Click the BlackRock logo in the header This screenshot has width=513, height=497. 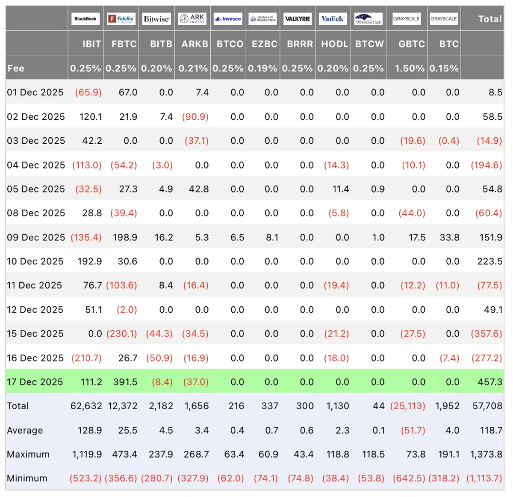pyautogui.click(x=85, y=19)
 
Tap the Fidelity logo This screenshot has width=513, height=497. pyautogui.click(x=121, y=19)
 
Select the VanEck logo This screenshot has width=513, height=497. pyautogui.click(x=333, y=19)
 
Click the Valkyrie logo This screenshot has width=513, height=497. pyautogui.click(x=298, y=19)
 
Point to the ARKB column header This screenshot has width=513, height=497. pyautogui.click(x=195, y=44)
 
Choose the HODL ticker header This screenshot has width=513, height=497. pyautogui.click(x=335, y=44)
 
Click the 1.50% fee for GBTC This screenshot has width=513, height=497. pyautogui.click(x=410, y=68)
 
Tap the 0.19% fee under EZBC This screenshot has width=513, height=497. pyautogui.click(x=262, y=68)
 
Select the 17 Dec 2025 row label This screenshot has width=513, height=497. pyautogui.click(x=35, y=382)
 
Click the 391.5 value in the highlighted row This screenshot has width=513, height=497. pyautogui.click(x=125, y=382)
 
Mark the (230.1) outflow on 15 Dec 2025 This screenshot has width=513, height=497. pyautogui.click(x=122, y=334)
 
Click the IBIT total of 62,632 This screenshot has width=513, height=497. pyautogui.click(x=86, y=406)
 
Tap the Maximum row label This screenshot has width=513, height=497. pyautogui.click(x=28, y=454)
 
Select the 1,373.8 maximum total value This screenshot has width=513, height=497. pyautogui.click(x=486, y=454)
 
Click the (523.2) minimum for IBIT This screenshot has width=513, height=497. pyautogui.click(x=85, y=478)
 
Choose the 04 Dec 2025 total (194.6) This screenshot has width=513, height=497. pyautogui.click(x=486, y=165)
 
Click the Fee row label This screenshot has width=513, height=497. pyautogui.click(x=16, y=68)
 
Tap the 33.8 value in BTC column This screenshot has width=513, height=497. pyautogui.click(x=449, y=237)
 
